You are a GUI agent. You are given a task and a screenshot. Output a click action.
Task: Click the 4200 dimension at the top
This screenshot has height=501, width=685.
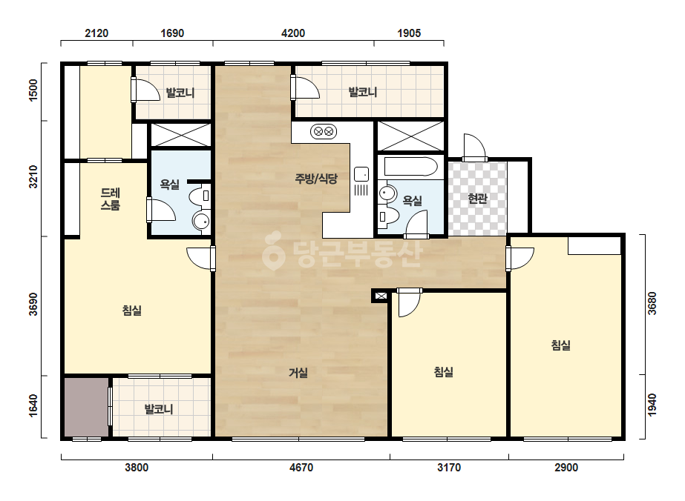click(293, 33)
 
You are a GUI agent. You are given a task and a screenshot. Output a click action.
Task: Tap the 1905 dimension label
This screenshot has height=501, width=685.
click(409, 33)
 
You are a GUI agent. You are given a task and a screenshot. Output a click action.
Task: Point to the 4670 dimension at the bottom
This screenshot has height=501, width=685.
click(301, 468)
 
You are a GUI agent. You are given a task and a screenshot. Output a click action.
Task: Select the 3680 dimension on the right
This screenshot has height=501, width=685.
click(652, 303)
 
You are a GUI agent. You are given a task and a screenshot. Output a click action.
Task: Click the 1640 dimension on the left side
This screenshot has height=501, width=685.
click(33, 406)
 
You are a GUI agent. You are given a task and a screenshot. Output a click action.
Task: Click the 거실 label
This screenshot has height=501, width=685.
click(298, 373)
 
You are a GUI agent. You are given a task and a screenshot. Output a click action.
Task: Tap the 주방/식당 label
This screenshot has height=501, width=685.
click(316, 178)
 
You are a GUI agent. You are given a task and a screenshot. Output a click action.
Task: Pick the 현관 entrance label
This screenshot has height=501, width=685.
click(477, 199)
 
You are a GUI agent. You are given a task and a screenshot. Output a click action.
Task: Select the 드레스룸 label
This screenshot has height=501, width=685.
click(111, 199)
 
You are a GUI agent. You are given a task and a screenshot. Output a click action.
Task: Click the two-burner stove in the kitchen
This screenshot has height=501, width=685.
click(324, 131)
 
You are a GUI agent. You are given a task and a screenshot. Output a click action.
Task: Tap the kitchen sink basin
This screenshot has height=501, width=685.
click(361, 174)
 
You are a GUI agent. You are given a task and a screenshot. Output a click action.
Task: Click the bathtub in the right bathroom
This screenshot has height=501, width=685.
click(410, 167)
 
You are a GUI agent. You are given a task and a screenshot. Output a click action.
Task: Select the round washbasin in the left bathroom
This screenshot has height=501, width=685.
click(201, 222)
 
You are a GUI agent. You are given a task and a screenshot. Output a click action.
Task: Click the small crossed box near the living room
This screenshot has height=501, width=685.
click(381, 296)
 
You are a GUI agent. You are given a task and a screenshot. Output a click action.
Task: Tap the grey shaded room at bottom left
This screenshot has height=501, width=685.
click(87, 407)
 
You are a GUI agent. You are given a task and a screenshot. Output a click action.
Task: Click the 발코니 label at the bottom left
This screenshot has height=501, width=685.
click(159, 409)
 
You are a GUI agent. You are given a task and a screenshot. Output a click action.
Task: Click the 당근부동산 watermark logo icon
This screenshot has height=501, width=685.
click(273, 250)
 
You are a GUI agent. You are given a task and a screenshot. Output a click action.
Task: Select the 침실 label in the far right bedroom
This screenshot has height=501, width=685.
click(561, 345)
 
